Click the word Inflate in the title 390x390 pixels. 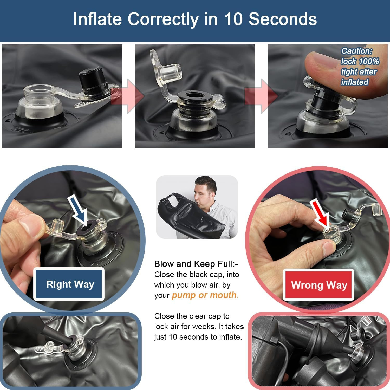(97, 19)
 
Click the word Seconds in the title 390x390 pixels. (283, 19)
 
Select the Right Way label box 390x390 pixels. (69, 284)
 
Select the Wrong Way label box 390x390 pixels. (319, 285)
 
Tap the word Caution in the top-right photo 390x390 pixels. (357, 51)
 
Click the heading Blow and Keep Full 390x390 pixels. (196, 264)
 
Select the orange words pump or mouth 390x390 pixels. (204, 295)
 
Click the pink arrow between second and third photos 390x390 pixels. (261, 96)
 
